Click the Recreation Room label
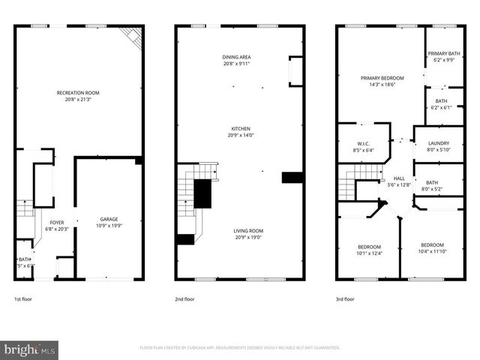(78, 93)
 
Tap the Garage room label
(109, 218)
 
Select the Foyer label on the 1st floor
(57, 223)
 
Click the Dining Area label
(235, 57)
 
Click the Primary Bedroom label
(382, 78)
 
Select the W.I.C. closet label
(362, 143)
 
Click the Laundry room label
(438, 143)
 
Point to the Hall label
(399, 178)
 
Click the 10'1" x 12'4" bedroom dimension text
(369, 253)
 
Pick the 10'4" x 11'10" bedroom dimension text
(432, 252)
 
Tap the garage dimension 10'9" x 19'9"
(109, 225)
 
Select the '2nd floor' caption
(185, 299)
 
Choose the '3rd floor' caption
(346, 299)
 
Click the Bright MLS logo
(30, 349)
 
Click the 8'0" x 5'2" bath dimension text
(432, 189)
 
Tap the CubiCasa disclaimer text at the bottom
(240, 348)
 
